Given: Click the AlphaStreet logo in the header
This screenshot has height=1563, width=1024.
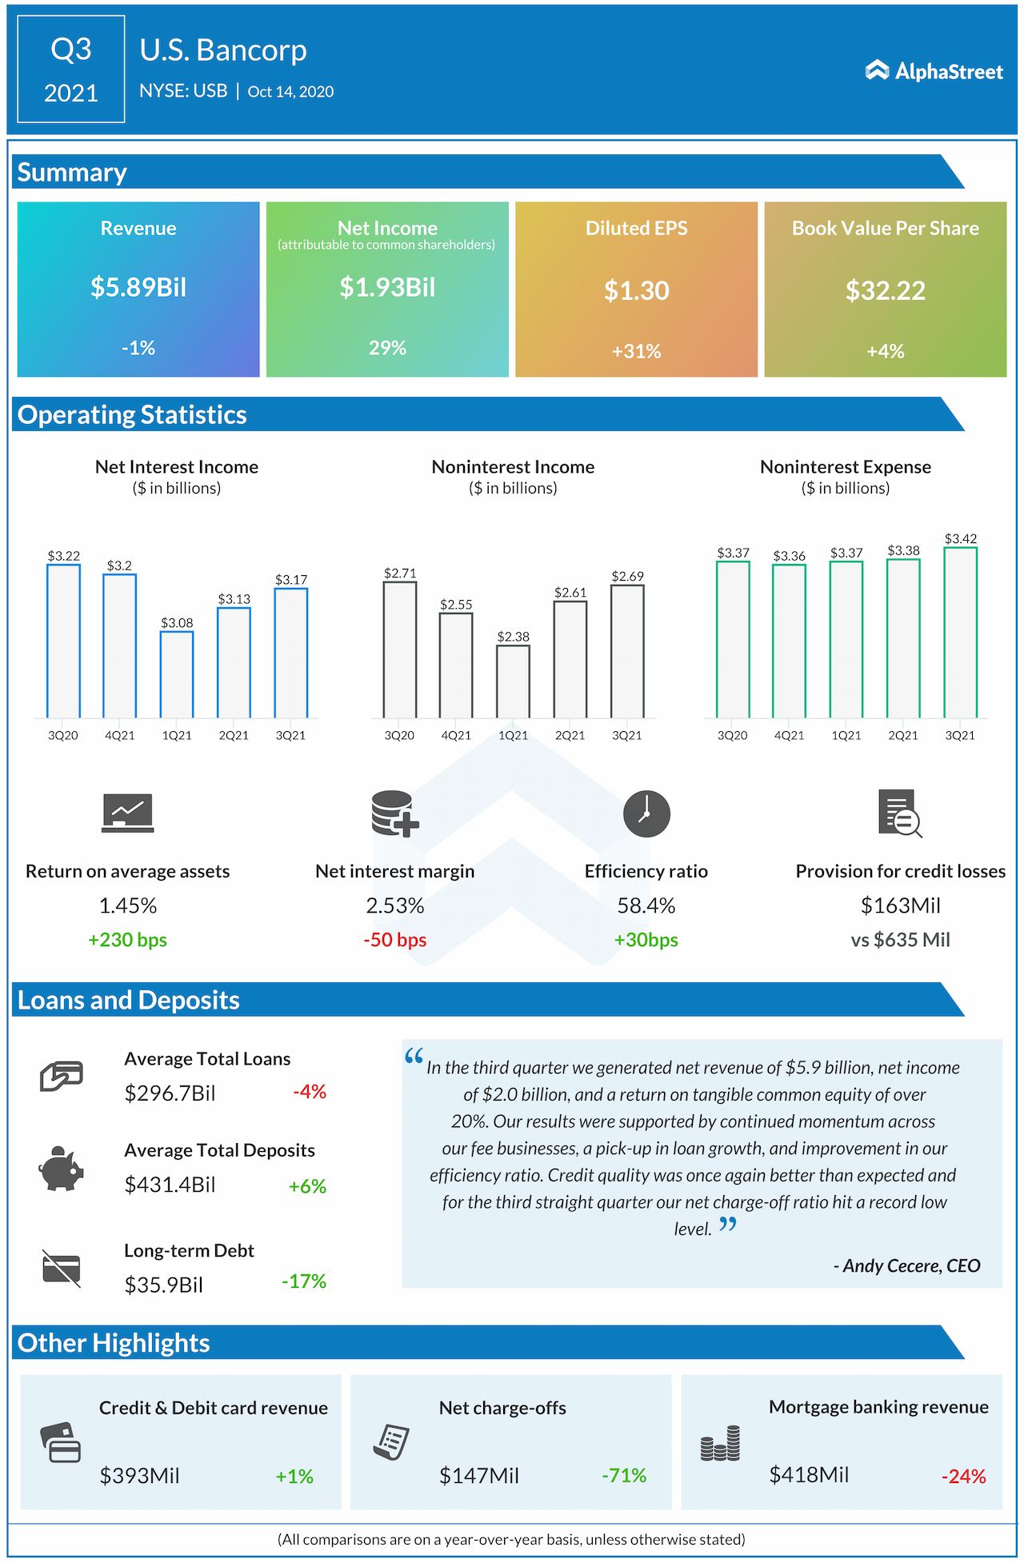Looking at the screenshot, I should tap(934, 71).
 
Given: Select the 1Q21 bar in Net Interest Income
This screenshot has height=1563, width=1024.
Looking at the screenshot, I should tap(177, 674).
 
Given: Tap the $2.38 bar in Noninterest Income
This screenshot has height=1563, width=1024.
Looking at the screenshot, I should tap(513, 681).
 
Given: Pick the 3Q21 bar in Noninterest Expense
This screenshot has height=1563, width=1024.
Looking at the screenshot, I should tap(960, 632).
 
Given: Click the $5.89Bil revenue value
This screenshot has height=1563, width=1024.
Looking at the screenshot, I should tap(138, 286).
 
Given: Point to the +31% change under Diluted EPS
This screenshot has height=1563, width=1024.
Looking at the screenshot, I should tap(636, 351).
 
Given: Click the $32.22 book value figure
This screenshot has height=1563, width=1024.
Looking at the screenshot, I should tap(885, 290).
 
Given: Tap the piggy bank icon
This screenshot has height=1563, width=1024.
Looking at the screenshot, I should tap(61, 1169).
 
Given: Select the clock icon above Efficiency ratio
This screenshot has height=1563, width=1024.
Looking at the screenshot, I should tap(646, 814).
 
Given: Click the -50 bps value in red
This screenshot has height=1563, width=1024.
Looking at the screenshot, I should tap(394, 940).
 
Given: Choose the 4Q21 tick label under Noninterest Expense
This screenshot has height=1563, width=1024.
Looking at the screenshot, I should tap(789, 735).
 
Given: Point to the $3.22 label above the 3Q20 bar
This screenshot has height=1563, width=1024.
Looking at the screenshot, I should tap(63, 556).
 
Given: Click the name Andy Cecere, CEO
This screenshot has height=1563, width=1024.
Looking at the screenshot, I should tap(906, 1265).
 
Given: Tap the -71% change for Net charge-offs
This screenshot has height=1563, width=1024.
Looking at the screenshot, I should tap(624, 1475).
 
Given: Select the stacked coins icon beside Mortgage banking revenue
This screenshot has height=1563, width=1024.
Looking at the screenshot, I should tap(720, 1444).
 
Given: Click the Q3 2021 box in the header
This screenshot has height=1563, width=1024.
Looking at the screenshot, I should tap(71, 70).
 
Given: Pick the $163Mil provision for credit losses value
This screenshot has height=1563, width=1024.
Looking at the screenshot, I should tap(900, 905).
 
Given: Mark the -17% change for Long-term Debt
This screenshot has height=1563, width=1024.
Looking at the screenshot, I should tap(304, 1281).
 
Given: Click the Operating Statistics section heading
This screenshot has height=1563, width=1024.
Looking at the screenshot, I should tap(132, 414).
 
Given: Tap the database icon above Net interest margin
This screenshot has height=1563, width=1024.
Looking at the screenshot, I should tap(394, 813).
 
